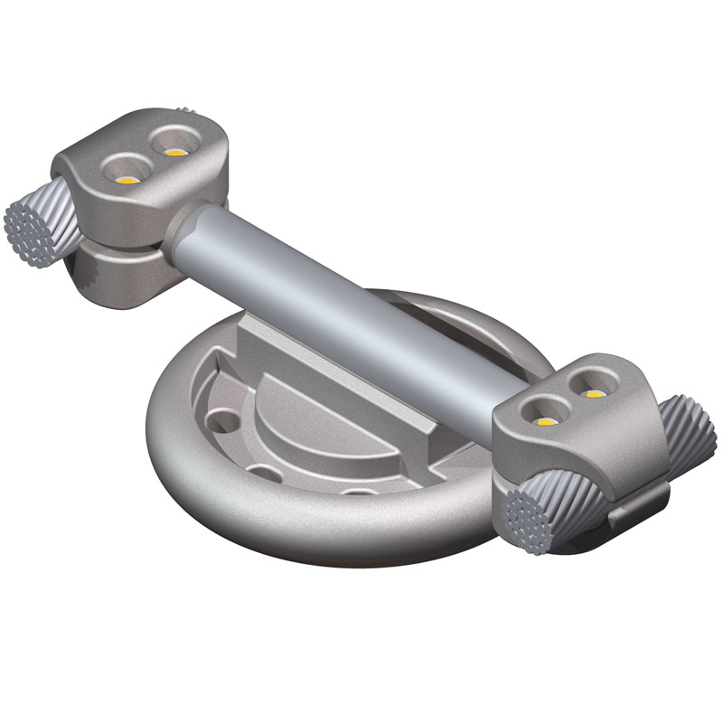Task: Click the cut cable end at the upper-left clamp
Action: coord(30,226)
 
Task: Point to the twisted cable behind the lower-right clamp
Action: coord(691,434)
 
